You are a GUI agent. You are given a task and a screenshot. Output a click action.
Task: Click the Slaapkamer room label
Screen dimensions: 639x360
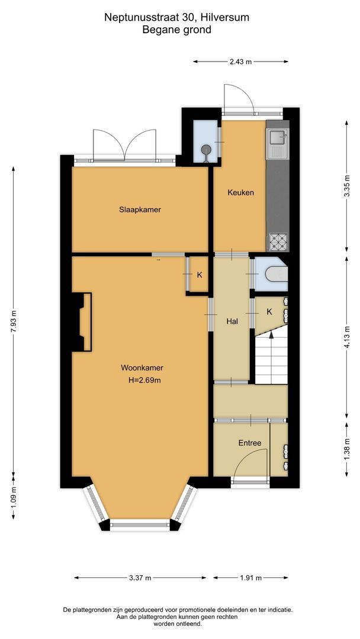pos(140,209)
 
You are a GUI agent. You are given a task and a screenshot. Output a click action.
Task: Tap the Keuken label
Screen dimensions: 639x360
pos(240,192)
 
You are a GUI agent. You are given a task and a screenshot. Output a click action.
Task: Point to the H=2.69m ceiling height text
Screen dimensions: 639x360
pos(144,380)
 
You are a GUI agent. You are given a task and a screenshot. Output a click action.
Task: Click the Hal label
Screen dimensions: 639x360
pos(232,321)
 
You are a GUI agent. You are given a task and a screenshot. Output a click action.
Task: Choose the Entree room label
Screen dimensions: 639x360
pos(250,443)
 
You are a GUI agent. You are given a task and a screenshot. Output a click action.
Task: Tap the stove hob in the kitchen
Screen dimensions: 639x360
pos(277,241)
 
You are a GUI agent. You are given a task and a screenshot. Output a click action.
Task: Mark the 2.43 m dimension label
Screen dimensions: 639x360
pos(240,61)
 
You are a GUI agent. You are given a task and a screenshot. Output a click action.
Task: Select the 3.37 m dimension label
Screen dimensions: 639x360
pos(140,577)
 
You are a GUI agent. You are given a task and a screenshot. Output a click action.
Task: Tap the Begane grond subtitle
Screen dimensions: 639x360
pos(176,30)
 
